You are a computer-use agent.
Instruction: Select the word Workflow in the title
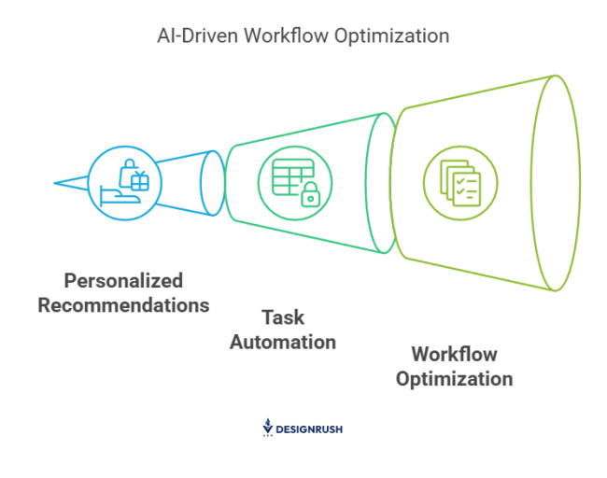tap(284, 36)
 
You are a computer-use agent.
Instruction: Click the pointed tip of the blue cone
tap(56, 182)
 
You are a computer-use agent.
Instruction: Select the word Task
tap(282, 317)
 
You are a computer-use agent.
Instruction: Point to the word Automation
tap(282, 342)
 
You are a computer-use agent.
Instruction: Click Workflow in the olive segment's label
tap(454, 355)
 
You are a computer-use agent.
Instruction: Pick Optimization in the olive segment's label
tap(454, 379)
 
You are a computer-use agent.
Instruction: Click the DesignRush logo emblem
tap(268, 428)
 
